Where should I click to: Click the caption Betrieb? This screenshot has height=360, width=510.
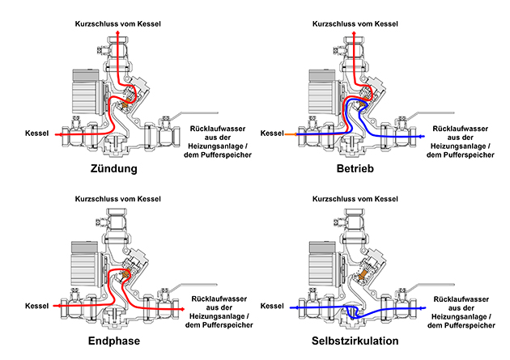click(x=356, y=170)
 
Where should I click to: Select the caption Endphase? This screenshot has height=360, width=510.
click(x=113, y=341)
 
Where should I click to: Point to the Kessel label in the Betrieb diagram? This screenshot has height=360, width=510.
click(x=273, y=133)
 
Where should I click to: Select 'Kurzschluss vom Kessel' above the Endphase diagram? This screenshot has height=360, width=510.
click(x=118, y=198)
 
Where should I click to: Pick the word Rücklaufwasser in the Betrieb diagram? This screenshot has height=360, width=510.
click(x=460, y=129)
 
